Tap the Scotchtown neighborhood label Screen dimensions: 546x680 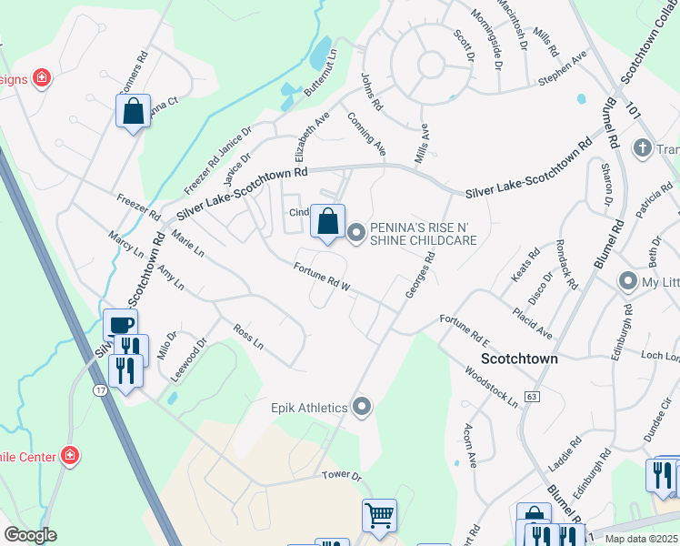518,359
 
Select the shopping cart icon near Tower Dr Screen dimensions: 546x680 380,516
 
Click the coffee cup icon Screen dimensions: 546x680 120,325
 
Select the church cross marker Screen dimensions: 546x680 642,147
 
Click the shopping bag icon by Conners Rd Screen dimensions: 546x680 133,112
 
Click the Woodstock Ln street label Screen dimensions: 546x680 491,387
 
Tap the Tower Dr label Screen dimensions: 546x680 342,476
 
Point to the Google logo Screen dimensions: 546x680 30,535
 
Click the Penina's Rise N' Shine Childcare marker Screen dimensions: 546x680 355,234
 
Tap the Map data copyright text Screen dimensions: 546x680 642,539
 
